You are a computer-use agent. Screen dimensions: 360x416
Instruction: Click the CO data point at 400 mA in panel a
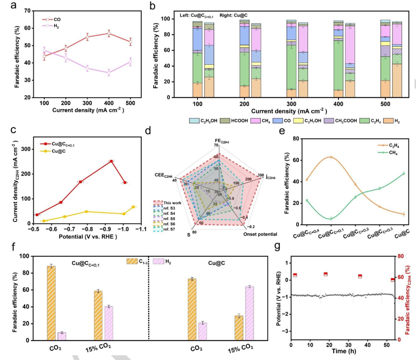click(x=109, y=33)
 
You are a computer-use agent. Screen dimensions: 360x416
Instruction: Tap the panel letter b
click(x=152, y=5)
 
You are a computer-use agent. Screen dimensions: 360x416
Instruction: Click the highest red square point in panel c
click(x=111, y=161)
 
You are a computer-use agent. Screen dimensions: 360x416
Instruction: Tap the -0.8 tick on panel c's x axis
click(x=86, y=229)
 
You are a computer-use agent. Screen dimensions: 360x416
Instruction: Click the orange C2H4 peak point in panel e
click(x=331, y=157)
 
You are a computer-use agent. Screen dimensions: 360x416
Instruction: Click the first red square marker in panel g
click(x=295, y=275)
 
